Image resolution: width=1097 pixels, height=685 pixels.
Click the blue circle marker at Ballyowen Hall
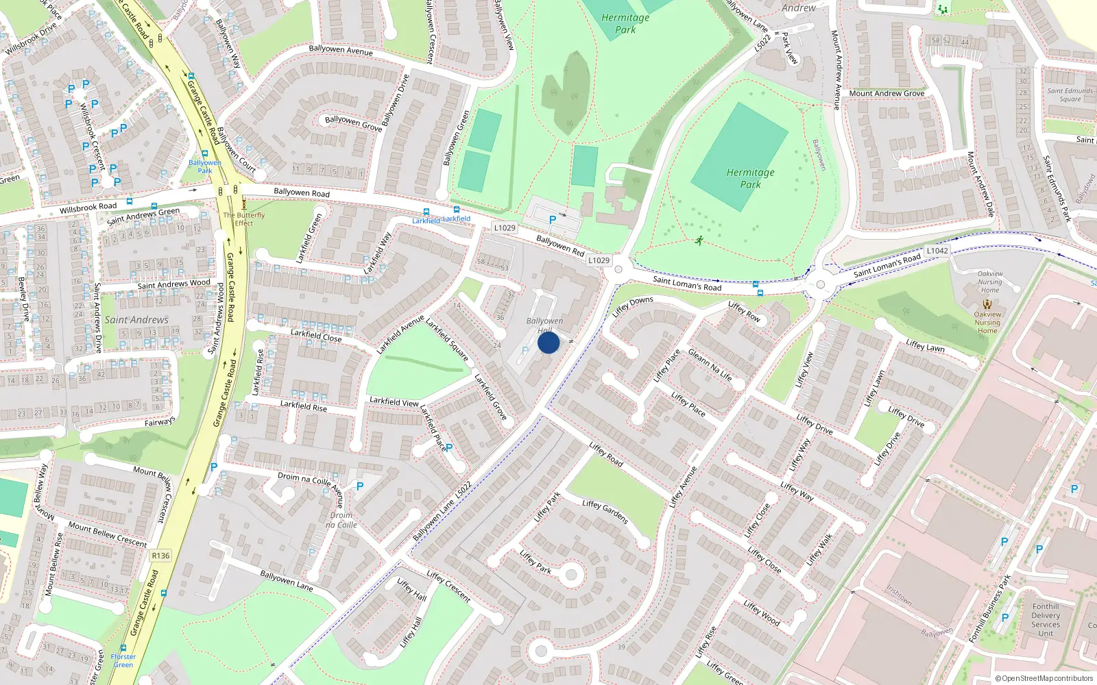pyautogui.click(x=548, y=342)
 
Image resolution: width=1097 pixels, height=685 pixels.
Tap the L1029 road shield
pyautogui.click(x=505, y=227)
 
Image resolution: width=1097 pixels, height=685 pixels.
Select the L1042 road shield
pyautogui.click(x=937, y=251)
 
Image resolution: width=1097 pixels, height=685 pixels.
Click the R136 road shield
pyautogui.click(x=160, y=556)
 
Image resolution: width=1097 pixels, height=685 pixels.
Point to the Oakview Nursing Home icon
pyautogui.click(x=987, y=303)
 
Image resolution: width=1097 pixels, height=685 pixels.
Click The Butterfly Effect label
pyautogui.click(x=244, y=219)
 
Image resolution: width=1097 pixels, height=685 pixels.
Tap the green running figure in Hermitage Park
pyautogui.click(x=699, y=240)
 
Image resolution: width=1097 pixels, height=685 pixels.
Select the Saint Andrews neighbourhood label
pyautogui.click(x=136, y=320)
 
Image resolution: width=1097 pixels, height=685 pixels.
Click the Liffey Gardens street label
pyautogui.click(x=605, y=512)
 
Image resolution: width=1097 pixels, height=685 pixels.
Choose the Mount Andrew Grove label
pyautogui.click(x=887, y=93)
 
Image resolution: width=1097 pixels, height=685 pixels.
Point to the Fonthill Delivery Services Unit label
pyautogui.click(x=1046, y=619)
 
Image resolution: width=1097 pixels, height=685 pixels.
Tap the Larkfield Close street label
pyautogui.click(x=316, y=335)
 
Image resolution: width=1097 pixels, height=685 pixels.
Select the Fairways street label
pyautogui.click(x=160, y=422)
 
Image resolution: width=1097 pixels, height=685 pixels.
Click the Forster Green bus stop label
pyautogui.click(x=123, y=660)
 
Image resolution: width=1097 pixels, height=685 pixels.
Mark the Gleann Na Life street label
pyautogui.click(x=710, y=365)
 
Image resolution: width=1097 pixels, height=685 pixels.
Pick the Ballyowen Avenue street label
pyautogui.click(x=341, y=50)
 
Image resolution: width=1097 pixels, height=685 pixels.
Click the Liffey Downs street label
pyautogui.click(x=632, y=306)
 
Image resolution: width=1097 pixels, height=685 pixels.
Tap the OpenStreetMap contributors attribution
pyautogui.click(x=1044, y=678)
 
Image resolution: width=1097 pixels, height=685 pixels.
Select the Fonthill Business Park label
pyautogui.click(x=989, y=609)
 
